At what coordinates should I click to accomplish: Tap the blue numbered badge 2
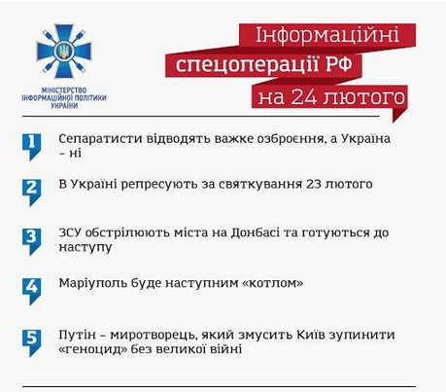point(32,188)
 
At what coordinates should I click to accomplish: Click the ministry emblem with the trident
point(63,52)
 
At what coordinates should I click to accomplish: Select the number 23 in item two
point(306,183)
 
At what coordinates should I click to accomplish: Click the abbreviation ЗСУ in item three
point(72,233)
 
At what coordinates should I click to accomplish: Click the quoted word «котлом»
point(269,284)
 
